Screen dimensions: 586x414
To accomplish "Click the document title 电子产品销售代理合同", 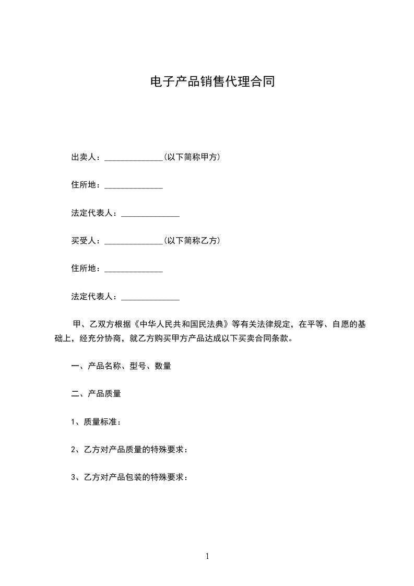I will (x=212, y=82).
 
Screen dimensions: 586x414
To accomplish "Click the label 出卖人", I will (x=84, y=157).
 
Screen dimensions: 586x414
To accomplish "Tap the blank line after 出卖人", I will (x=134, y=158).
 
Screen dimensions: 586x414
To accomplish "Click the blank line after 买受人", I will (x=134, y=242).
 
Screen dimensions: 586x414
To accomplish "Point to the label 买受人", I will (x=84, y=241).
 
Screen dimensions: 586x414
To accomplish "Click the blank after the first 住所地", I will (x=134, y=186).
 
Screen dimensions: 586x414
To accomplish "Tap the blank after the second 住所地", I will (x=134, y=270).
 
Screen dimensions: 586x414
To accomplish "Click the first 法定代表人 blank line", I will (x=150, y=214).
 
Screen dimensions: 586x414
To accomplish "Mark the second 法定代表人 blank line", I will (x=150, y=298).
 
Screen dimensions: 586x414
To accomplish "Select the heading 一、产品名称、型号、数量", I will (x=121, y=366).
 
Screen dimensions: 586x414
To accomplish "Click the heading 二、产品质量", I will (x=96, y=394).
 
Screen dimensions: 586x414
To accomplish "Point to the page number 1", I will (x=207, y=556).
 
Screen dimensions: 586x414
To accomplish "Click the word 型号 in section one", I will (x=138, y=366).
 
